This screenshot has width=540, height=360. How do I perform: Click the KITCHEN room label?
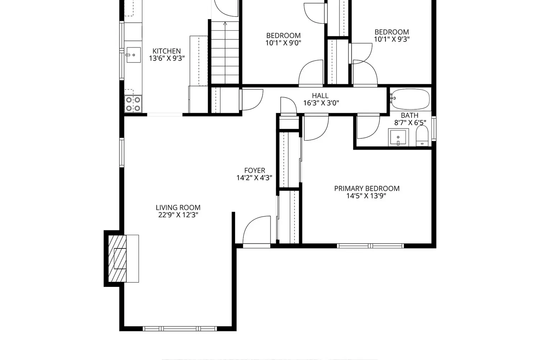point(167,51)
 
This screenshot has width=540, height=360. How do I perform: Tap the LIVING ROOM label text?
point(178,208)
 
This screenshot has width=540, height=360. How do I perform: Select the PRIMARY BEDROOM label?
point(367,189)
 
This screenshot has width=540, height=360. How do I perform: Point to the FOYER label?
point(255,171)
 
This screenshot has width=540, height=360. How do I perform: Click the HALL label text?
point(320,95)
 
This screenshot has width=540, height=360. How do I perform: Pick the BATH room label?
point(410,115)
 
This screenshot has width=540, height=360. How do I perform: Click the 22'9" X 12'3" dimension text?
point(178,215)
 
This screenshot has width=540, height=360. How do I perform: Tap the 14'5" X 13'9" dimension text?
point(366,196)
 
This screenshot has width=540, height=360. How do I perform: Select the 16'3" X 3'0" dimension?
point(321,103)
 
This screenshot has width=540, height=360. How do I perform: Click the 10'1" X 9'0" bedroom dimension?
point(283,43)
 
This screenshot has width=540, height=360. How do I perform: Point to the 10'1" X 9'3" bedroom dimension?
point(392,39)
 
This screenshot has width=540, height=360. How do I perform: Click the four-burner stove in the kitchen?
point(133,104)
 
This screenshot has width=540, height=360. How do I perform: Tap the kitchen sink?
point(134,55)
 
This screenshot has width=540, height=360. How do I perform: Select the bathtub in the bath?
point(410,99)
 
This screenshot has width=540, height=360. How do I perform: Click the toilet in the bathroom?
point(422,136)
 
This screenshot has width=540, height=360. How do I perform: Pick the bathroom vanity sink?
point(398,138)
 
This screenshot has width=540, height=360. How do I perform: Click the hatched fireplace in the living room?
point(117,259)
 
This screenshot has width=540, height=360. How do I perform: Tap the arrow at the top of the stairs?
point(225,23)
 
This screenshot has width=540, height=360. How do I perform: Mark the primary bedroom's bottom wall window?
point(370,246)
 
